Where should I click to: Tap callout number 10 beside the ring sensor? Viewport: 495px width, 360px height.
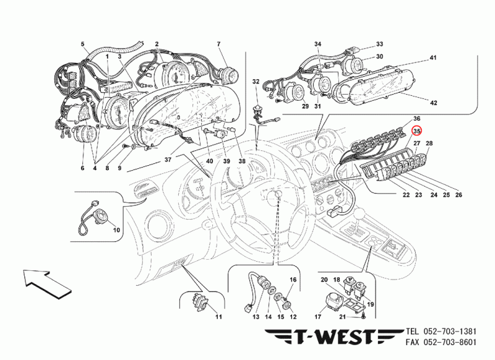coord(116,229)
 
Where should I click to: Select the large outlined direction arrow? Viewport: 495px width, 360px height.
coord(48,283)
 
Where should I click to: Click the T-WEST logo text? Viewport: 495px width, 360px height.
coord(334,336)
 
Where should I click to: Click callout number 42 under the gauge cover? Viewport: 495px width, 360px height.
coord(434,103)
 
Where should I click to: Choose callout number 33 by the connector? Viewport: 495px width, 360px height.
coord(379,44)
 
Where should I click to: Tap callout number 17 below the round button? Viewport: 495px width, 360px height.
coord(317,317)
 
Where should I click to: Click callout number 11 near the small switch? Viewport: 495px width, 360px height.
coord(218,317)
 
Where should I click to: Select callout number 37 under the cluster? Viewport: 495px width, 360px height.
coord(168,160)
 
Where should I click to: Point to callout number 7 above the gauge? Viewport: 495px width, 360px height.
coord(219,44)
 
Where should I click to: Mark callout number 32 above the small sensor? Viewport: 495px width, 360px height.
coord(256,82)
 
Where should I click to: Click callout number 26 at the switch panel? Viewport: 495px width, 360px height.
coord(458,195)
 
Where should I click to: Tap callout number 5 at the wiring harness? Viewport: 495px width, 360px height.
coord(82,44)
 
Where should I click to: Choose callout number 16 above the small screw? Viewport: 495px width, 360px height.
coord(293,280)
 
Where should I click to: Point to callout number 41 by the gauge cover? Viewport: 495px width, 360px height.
coord(433,58)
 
